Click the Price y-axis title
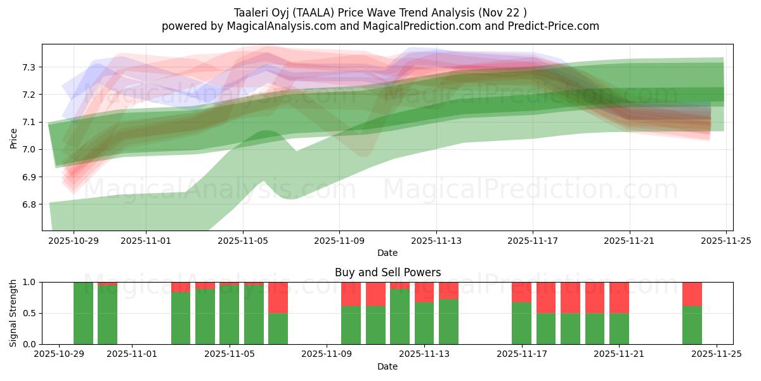[13, 137]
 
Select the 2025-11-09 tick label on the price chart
[339, 241]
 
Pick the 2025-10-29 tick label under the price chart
[74, 241]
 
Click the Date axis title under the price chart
[387, 253]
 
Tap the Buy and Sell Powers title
[387, 272]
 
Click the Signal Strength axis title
[13, 313]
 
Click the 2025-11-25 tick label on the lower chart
[717, 354]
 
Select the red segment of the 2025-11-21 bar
[619, 297]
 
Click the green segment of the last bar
[692, 325]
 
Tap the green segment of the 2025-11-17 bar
[521, 323]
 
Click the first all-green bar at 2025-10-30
[83, 313]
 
